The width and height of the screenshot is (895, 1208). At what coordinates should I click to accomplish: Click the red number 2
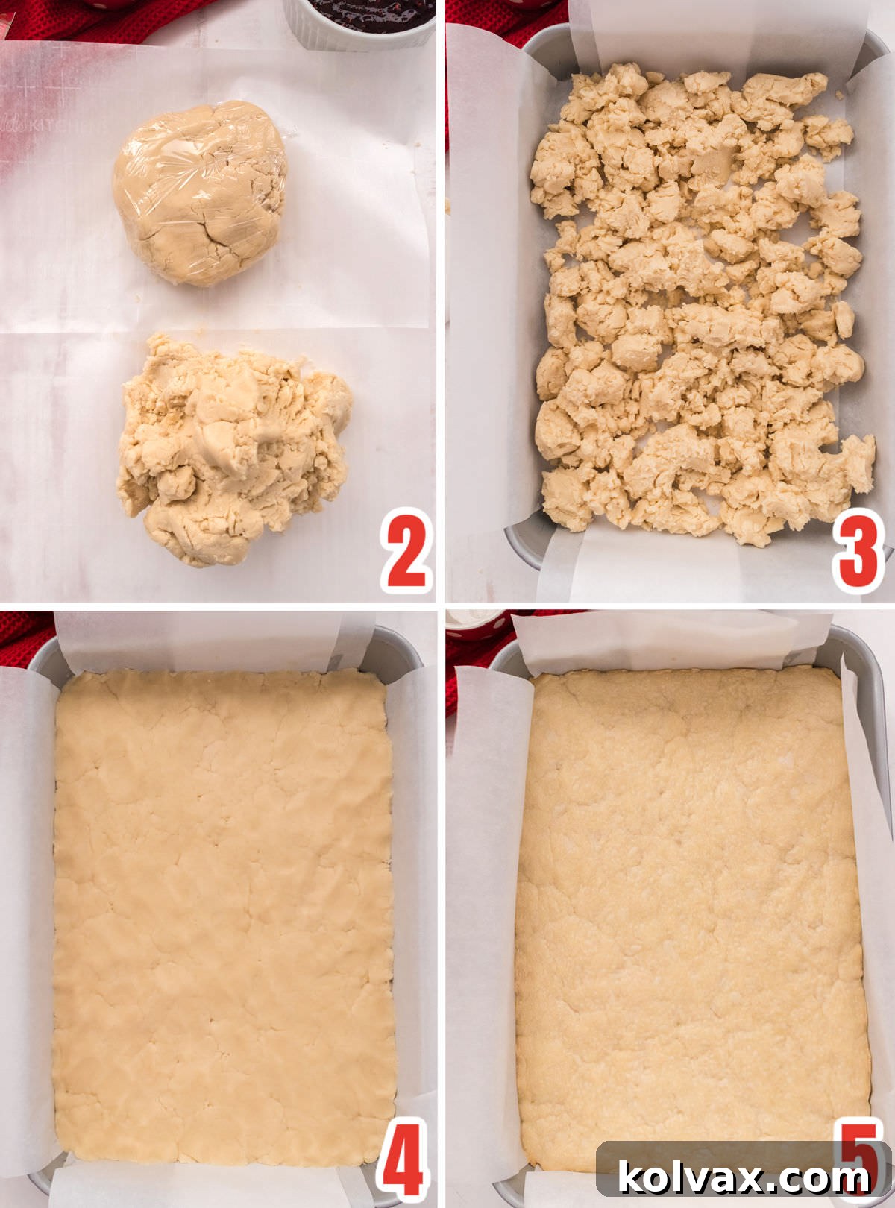(x=407, y=550)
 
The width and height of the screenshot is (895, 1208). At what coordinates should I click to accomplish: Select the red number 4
(x=403, y=1160)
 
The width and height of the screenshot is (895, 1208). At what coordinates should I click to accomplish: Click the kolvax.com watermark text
(x=744, y=1179)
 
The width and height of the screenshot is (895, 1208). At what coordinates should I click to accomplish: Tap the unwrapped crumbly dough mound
(x=231, y=447)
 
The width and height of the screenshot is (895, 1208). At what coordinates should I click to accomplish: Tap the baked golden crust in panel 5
(x=690, y=895)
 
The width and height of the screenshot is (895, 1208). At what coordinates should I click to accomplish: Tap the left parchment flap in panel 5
(x=485, y=895)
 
